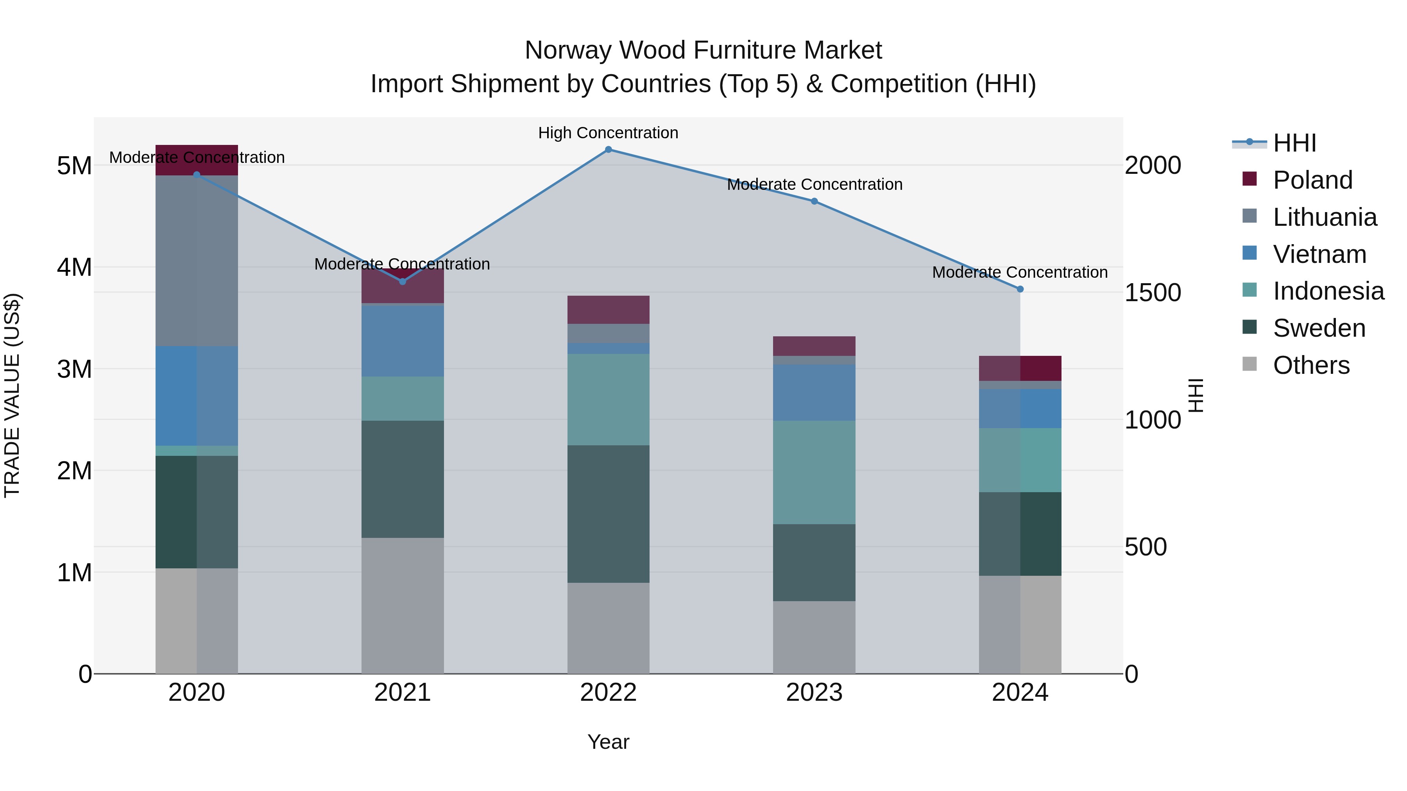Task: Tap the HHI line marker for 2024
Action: pos(1020,289)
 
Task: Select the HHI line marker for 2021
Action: pos(403,282)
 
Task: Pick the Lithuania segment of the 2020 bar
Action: pos(197,261)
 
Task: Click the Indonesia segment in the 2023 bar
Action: pos(814,472)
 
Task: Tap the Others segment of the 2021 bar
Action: pos(403,605)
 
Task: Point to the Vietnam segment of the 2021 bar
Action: pos(403,341)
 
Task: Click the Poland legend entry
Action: pos(1312,180)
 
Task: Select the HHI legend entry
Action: pos(1294,143)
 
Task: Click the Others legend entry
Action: pos(1310,365)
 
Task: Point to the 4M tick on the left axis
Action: pos(74,268)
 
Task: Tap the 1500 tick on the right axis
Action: pos(1153,293)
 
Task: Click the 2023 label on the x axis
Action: pos(814,693)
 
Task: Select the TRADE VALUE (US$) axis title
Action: pos(12,395)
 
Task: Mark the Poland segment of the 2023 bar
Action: pos(814,346)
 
